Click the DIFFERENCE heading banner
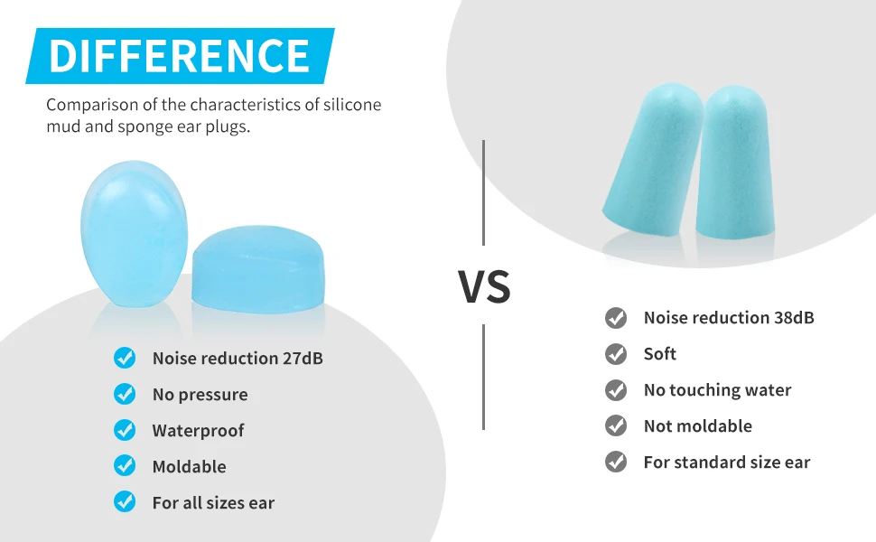(180, 56)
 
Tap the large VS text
(484, 285)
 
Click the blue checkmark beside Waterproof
(125, 430)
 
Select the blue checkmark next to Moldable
(125, 466)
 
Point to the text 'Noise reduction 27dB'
(238, 359)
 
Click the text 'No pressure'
(200, 395)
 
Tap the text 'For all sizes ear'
(213, 503)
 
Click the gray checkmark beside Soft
(616, 354)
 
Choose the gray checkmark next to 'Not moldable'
(616, 426)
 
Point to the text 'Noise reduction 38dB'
(729, 318)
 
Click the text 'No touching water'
(717, 390)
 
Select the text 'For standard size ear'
(727, 463)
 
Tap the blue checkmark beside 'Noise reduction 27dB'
(125, 358)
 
